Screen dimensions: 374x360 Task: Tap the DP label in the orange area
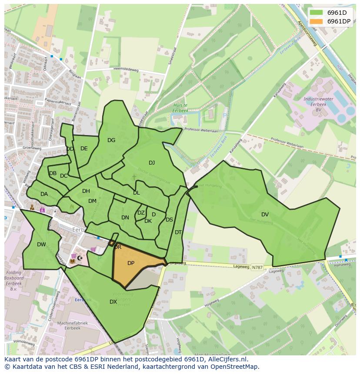point(131,263)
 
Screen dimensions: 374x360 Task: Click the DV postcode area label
point(265,214)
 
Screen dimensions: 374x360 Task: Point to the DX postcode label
point(113,302)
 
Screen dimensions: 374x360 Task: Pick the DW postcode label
point(41,245)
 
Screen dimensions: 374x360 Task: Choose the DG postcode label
point(111,140)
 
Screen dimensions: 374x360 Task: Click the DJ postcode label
point(152,163)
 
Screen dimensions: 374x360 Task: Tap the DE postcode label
point(84,149)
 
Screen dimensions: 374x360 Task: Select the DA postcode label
point(44,194)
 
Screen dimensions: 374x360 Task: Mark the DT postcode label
point(178,232)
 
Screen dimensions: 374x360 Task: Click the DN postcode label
point(125,218)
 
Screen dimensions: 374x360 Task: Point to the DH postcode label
point(86,191)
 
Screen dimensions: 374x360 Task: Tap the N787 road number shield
point(257,268)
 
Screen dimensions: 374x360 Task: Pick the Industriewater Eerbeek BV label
point(318,104)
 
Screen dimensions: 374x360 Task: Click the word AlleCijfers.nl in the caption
point(227,360)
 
